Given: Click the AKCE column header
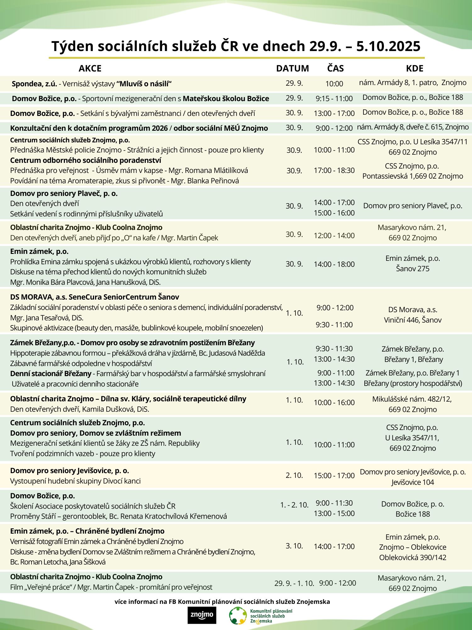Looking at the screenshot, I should pos(90,68).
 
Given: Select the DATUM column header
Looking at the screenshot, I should pos(292,68).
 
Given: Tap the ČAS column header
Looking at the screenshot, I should pos(335,68).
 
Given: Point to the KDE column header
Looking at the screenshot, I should pos(414,68).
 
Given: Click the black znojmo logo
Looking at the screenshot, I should pos(202,615).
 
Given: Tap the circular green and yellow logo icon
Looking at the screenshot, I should pos(238,615).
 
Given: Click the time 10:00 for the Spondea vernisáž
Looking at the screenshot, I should pos(334,84).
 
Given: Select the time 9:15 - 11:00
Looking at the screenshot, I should pos(334,99).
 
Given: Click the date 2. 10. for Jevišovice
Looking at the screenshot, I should pos(294,475).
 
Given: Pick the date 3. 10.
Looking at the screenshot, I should pos(294,546).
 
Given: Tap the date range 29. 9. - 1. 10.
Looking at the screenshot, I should pos(294,583).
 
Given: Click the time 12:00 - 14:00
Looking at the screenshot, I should pos(334,236).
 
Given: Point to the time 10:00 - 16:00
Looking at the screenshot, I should pos(334,402).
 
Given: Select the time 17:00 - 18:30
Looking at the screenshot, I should pos(334,170).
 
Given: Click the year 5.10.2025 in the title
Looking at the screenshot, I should pos(388,46).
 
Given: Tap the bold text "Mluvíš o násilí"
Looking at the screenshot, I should pos(144,84).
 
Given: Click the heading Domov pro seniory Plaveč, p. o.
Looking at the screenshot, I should pos(64,193).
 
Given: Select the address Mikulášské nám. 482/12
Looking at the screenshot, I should pos(412,399).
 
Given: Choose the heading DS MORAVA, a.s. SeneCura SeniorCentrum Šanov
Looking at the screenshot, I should pos(94,297).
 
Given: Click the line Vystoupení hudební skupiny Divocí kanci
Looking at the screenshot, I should pos(75,481).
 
